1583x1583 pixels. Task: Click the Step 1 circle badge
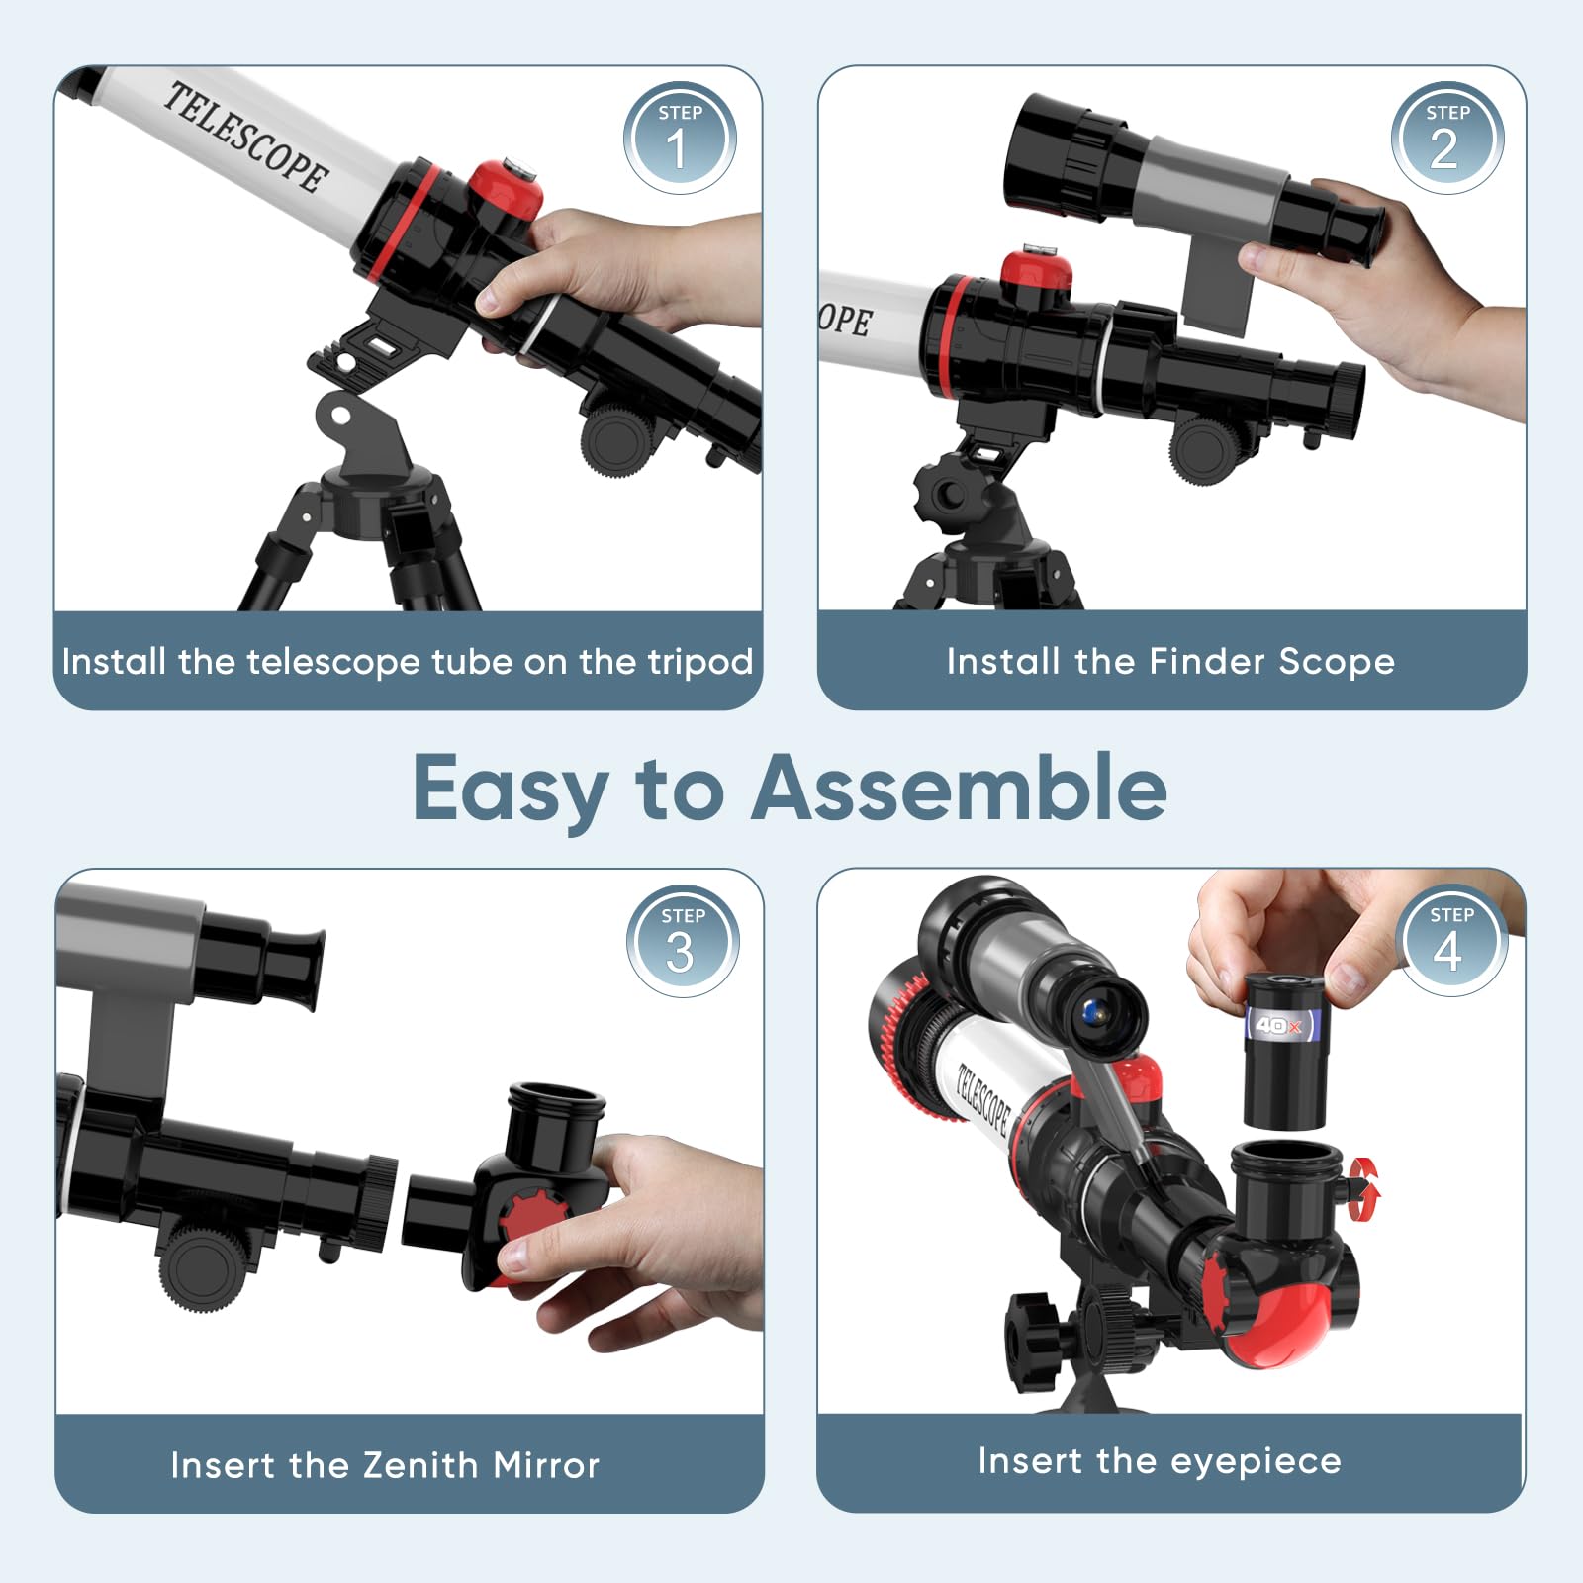click(680, 139)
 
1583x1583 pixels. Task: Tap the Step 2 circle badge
click(1446, 138)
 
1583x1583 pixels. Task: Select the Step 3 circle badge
click(683, 941)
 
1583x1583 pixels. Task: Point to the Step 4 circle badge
click(1450, 940)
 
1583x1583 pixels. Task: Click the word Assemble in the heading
click(959, 788)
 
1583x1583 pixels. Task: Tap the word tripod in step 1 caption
click(700, 662)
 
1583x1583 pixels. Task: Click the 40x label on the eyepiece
click(1278, 1025)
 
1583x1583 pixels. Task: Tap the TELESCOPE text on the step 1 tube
click(245, 138)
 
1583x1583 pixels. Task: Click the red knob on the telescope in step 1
click(505, 189)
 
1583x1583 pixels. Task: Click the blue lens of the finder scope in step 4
click(1090, 1011)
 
